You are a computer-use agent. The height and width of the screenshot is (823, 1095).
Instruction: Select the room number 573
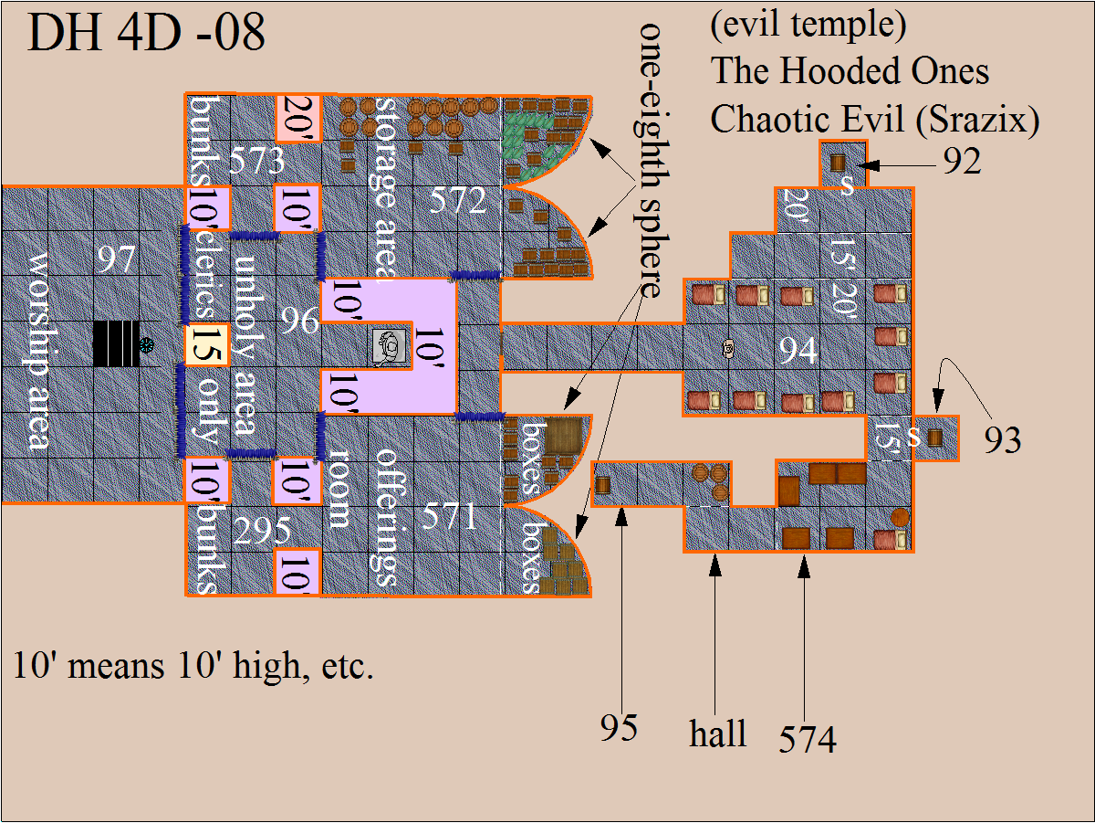[258, 164]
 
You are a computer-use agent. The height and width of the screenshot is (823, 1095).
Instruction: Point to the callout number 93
[1002, 440]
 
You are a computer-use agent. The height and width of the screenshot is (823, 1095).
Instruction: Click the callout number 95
[619, 728]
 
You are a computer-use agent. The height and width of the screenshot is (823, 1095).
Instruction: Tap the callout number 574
[807, 739]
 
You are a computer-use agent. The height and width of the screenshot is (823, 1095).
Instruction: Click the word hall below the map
[718, 733]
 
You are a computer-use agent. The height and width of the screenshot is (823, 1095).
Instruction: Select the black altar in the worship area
[117, 344]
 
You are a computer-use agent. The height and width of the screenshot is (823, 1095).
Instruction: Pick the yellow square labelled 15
[205, 345]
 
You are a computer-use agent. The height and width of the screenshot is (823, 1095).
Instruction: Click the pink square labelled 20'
[298, 117]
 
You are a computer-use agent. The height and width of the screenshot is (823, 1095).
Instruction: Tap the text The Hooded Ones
[850, 70]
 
